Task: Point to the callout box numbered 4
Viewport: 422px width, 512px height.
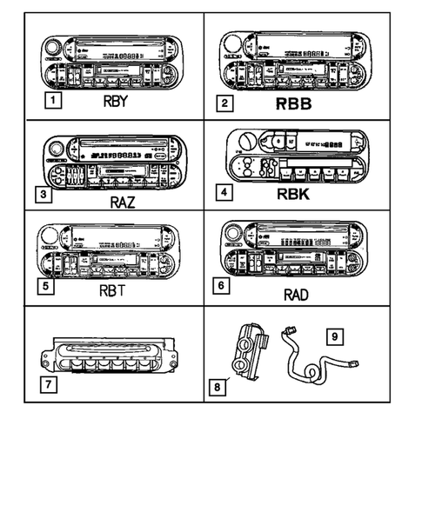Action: pyautogui.click(x=225, y=192)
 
